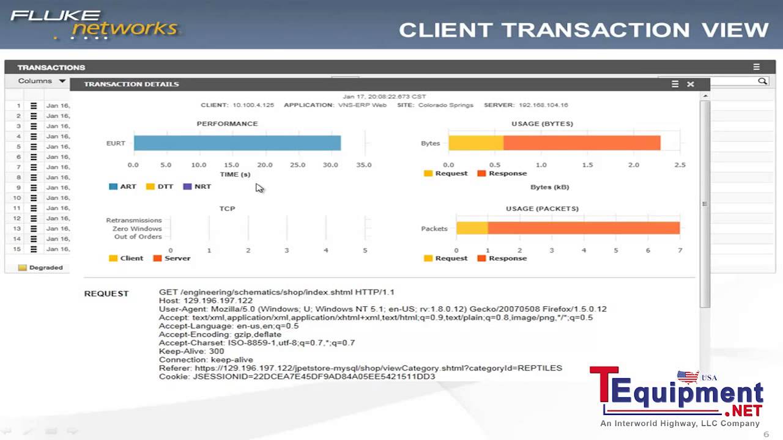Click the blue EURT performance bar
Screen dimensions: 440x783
tap(237, 143)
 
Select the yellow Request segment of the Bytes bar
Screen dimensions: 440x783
tap(475, 143)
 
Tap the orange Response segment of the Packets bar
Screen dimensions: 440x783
tap(584, 228)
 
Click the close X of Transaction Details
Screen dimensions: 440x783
tap(691, 84)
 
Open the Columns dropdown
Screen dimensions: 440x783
tap(42, 81)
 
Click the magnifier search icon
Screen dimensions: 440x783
tap(762, 81)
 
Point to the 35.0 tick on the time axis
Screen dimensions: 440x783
tap(363, 165)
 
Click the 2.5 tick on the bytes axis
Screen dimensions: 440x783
tap(680, 165)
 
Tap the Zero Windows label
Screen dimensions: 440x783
tap(137, 229)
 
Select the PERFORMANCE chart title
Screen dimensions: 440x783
tap(227, 123)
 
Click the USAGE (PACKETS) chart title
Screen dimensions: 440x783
tap(542, 208)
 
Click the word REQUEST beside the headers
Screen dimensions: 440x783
tap(106, 293)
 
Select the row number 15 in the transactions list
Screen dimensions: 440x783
tap(18, 249)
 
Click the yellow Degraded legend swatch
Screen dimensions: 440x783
tap(23, 268)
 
